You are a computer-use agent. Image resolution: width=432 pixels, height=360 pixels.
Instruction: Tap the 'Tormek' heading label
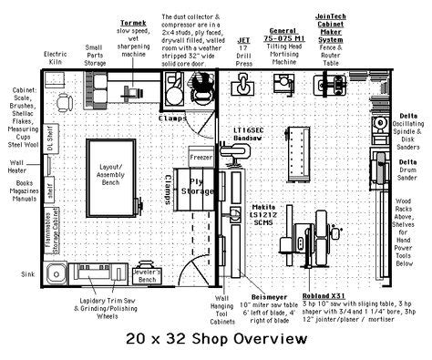click(x=133, y=20)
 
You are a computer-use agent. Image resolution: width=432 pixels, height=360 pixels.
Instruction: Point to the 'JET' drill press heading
click(x=244, y=40)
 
